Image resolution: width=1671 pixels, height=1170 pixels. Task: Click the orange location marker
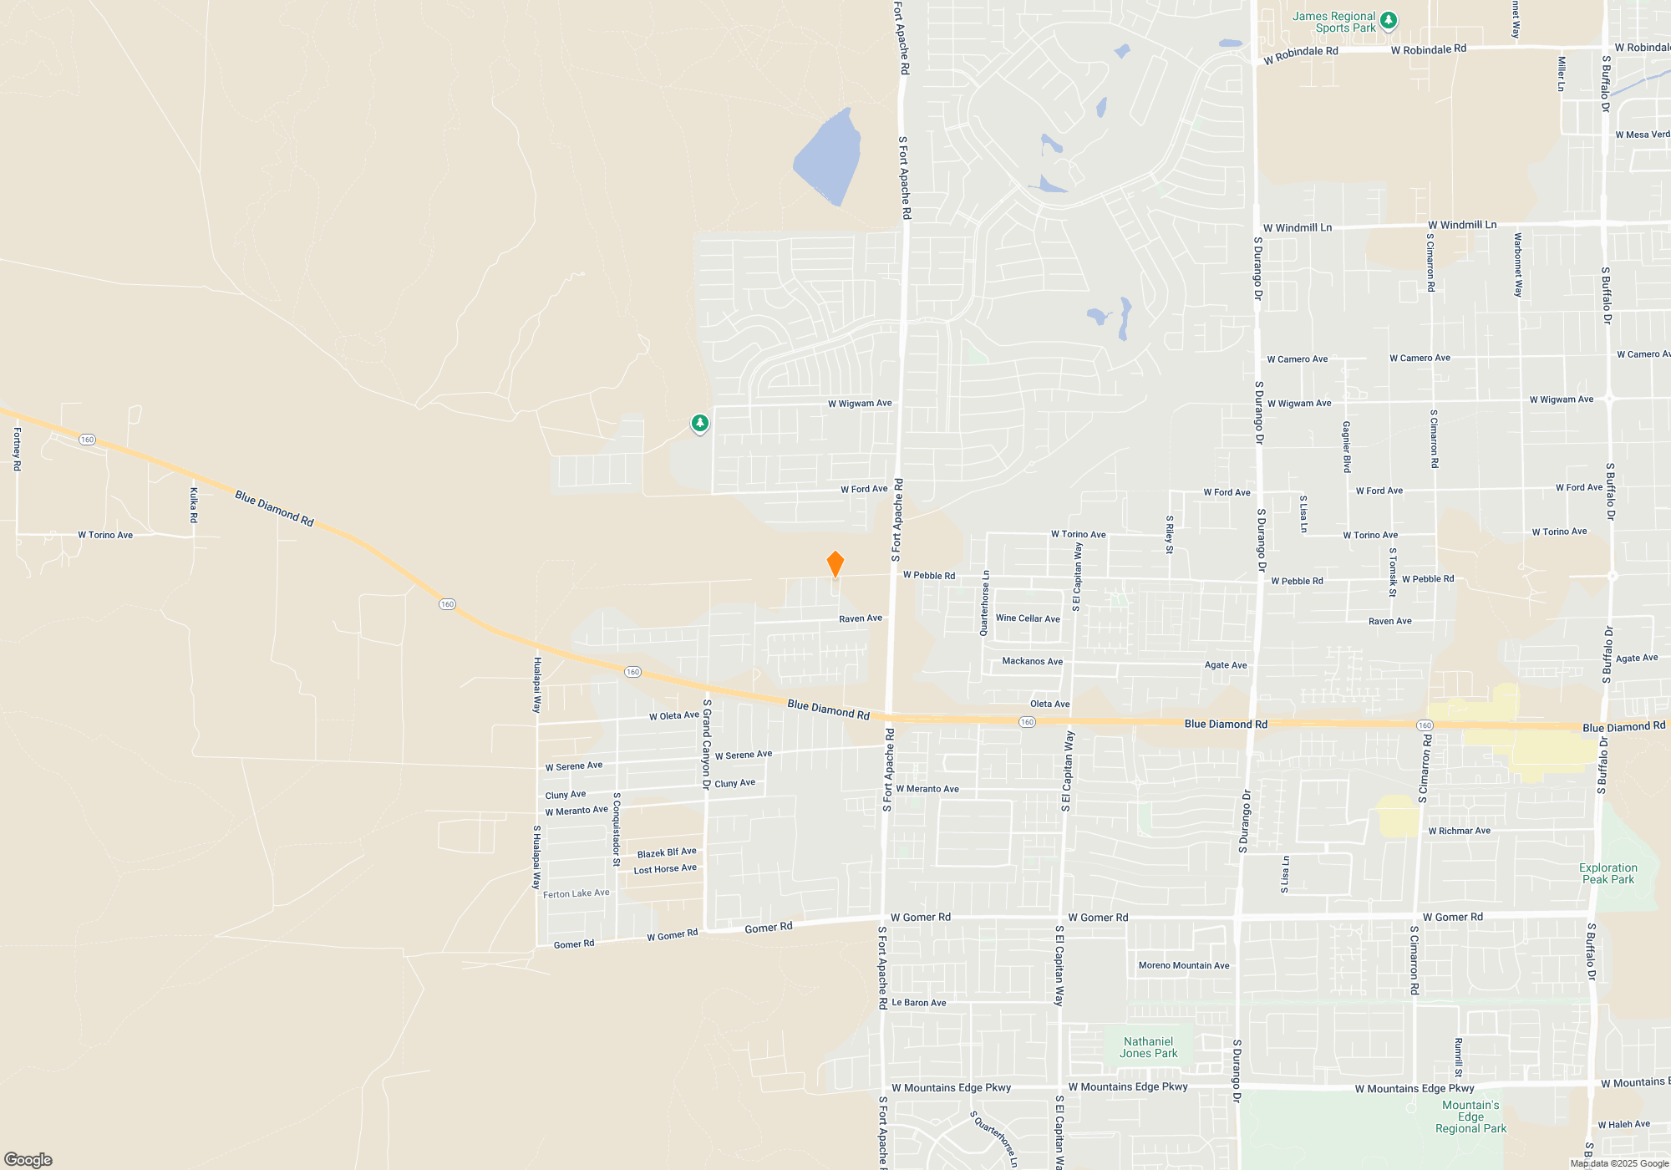835,564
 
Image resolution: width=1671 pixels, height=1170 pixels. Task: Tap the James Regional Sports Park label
1333,22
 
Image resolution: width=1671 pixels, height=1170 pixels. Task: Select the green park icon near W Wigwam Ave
700,424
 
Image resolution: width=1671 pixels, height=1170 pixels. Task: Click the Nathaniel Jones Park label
1148,1047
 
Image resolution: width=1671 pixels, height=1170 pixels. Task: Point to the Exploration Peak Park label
1608,873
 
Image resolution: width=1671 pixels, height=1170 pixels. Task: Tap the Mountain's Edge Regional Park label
1470,1117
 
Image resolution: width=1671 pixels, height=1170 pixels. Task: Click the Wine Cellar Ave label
1028,618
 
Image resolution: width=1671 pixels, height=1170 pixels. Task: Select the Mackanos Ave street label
1032,661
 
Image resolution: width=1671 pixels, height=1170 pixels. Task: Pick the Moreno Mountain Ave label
1184,965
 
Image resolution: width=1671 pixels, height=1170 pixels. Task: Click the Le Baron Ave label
919,1002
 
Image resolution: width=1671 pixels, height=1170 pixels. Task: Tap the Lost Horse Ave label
665,869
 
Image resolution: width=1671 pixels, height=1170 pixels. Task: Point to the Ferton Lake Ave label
576,893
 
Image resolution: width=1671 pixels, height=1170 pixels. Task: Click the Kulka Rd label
194,505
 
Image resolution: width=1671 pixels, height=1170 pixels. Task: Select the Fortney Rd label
17,449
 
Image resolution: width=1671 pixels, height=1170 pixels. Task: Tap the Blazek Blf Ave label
667,852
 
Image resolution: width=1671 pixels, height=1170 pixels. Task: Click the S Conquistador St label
617,829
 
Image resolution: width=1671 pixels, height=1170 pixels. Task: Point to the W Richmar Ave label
1459,831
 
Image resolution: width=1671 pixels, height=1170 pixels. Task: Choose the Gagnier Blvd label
1347,447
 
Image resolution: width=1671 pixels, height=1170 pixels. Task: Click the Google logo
28,1159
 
